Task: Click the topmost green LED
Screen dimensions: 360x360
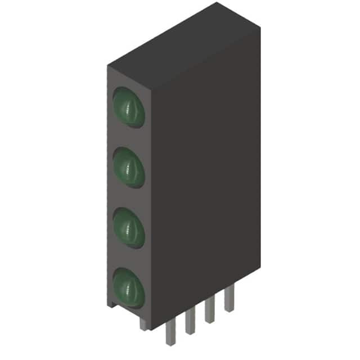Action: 129,106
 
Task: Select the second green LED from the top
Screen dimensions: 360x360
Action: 129,166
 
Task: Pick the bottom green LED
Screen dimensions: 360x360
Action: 129,287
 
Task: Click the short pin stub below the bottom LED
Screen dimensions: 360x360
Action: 144,323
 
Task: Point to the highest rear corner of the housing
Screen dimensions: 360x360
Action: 217,3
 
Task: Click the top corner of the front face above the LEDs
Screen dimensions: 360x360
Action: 107,65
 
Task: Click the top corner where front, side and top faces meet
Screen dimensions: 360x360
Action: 151,89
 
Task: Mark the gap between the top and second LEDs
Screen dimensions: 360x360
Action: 129,137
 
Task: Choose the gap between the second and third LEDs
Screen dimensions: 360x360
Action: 129,197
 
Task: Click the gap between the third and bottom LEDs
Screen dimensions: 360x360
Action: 129,257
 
